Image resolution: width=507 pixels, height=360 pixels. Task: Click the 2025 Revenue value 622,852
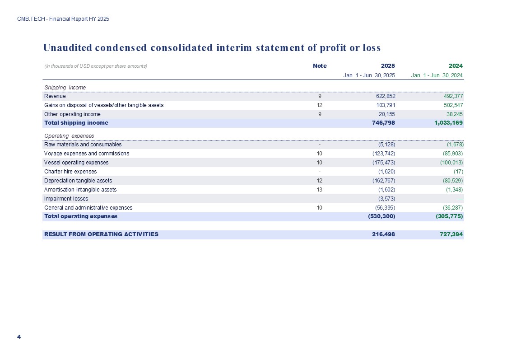[x=383, y=96]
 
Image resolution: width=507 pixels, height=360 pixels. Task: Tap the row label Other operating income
[x=72, y=114]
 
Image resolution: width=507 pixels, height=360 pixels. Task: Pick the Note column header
[x=320, y=66]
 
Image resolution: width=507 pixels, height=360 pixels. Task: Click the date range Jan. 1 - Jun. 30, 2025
[x=369, y=75]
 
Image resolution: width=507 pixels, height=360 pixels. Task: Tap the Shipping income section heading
[x=65, y=87]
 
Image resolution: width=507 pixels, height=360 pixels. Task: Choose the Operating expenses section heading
[x=69, y=136]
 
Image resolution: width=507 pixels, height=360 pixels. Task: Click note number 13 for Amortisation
[x=320, y=190]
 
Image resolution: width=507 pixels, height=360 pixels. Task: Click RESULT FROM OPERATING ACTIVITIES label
[x=101, y=234]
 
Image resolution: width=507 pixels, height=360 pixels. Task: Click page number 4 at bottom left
[x=19, y=337]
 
